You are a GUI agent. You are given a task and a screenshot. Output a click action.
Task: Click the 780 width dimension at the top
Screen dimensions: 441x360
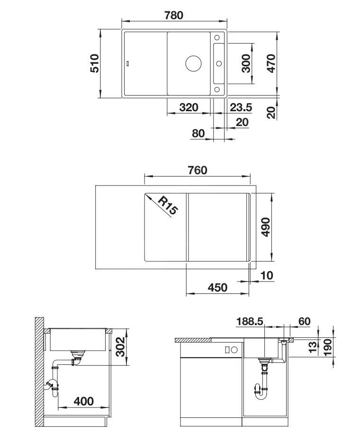click(x=174, y=15)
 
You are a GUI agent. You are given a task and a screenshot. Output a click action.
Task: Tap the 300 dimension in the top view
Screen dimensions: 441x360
click(x=246, y=63)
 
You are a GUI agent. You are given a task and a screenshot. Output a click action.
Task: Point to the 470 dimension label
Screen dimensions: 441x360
click(x=271, y=63)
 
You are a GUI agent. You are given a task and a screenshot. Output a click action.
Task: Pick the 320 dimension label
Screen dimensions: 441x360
click(x=189, y=107)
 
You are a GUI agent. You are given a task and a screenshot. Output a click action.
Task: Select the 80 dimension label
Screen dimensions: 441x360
click(x=198, y=133)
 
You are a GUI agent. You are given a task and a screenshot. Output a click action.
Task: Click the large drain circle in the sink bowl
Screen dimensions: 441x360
click(x=193, y=63)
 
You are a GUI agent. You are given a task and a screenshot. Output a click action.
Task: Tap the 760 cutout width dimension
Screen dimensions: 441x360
click(x=197, y=170)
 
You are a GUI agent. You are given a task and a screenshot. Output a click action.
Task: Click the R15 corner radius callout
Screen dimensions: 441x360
click(x=167, y=206)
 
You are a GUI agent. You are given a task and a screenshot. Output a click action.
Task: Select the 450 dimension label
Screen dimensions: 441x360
click(x=217, y=287)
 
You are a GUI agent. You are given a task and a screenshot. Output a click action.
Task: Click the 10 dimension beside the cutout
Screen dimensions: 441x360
click(x=267, y=275)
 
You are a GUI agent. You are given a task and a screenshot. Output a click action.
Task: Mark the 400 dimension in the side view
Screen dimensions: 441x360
click(x=84, y=402)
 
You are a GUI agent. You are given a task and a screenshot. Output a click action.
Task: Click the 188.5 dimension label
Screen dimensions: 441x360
click(x=250, y=322)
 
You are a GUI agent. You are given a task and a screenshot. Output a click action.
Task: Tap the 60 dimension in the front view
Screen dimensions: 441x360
click(x=304, y=322)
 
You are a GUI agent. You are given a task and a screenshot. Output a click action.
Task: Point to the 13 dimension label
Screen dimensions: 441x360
click(x=312, y=348)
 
